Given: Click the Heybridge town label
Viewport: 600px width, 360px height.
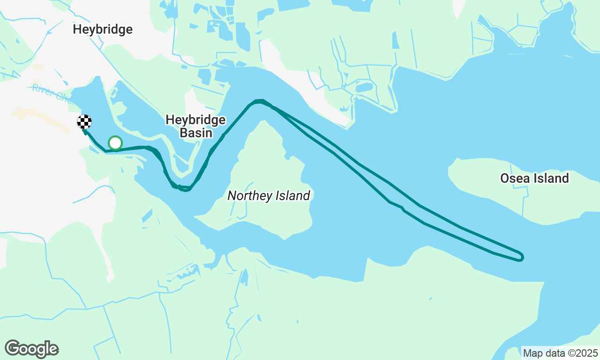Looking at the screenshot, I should click(103, 30).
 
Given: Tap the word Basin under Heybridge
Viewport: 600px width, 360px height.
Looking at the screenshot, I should click(195, 133).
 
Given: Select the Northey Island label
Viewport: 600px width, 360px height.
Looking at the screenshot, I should click(269, 195).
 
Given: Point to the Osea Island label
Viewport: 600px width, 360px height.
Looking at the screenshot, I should click(534, 178).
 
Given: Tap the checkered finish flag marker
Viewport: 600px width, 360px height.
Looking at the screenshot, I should click(84, 122).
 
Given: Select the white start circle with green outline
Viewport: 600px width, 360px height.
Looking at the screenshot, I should click(115, 143).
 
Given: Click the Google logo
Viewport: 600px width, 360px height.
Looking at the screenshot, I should click(31, 349).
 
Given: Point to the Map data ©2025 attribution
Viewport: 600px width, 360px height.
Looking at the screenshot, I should click(560, 353).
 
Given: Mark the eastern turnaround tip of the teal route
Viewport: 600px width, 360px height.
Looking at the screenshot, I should click(522, 256).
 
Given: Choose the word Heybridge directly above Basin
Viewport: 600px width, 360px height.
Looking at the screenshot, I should click(195, 120).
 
